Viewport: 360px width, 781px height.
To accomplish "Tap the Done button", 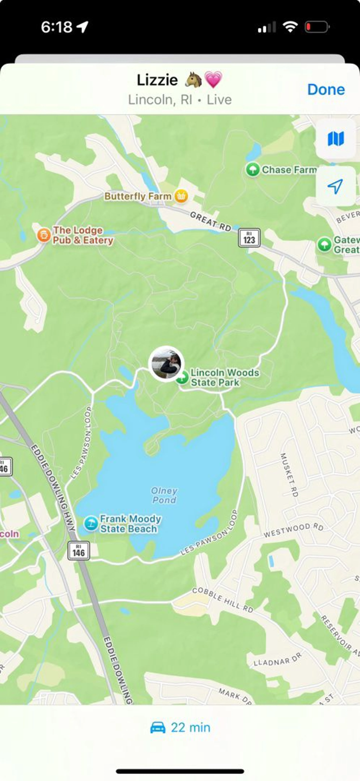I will click(326, 89).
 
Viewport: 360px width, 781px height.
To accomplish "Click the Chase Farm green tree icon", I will click(252, 169).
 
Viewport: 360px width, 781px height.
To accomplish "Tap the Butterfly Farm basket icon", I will click(181, 196).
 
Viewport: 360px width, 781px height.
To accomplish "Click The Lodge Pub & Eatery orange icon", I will click(44, 235).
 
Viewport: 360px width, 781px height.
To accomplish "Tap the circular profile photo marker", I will click(166, 363).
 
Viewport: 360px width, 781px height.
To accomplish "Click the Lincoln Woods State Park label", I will click(225, 377).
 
